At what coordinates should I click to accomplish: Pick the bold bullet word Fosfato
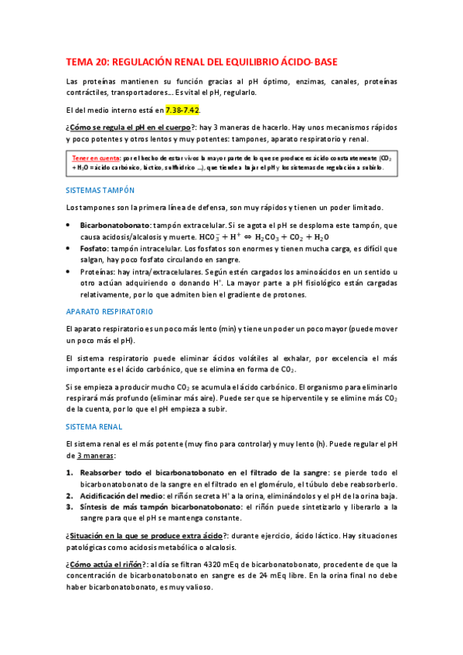94,249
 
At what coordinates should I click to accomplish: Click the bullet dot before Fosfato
70,249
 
